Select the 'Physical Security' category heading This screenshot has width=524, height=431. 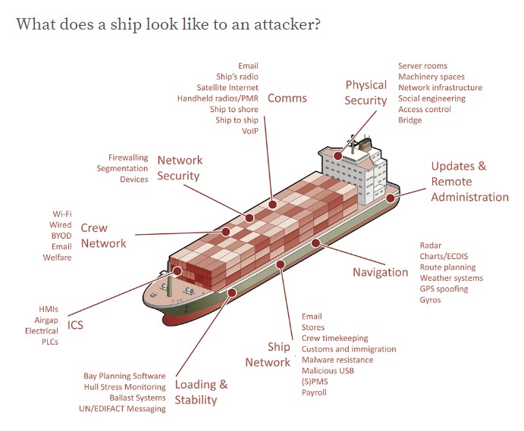pos(366,92)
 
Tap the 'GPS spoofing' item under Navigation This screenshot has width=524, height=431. pos(444,289)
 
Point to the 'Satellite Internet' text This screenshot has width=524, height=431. pos(227,88)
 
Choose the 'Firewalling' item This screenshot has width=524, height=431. pos(128,158)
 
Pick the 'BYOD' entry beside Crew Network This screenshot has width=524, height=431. pos(61,236)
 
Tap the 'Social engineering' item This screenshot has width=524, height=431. pos(431,98)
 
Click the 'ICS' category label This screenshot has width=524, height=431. pos(75,326)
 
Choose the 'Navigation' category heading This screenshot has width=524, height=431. pos(380,273)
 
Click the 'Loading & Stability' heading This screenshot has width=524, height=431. pos(201,392)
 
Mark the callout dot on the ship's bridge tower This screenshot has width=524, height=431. pos(338,155)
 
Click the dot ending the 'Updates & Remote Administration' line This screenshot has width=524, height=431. pos(391,198)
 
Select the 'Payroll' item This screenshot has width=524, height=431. pos(314,392)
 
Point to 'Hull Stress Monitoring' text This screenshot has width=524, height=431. pos(124,387)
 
